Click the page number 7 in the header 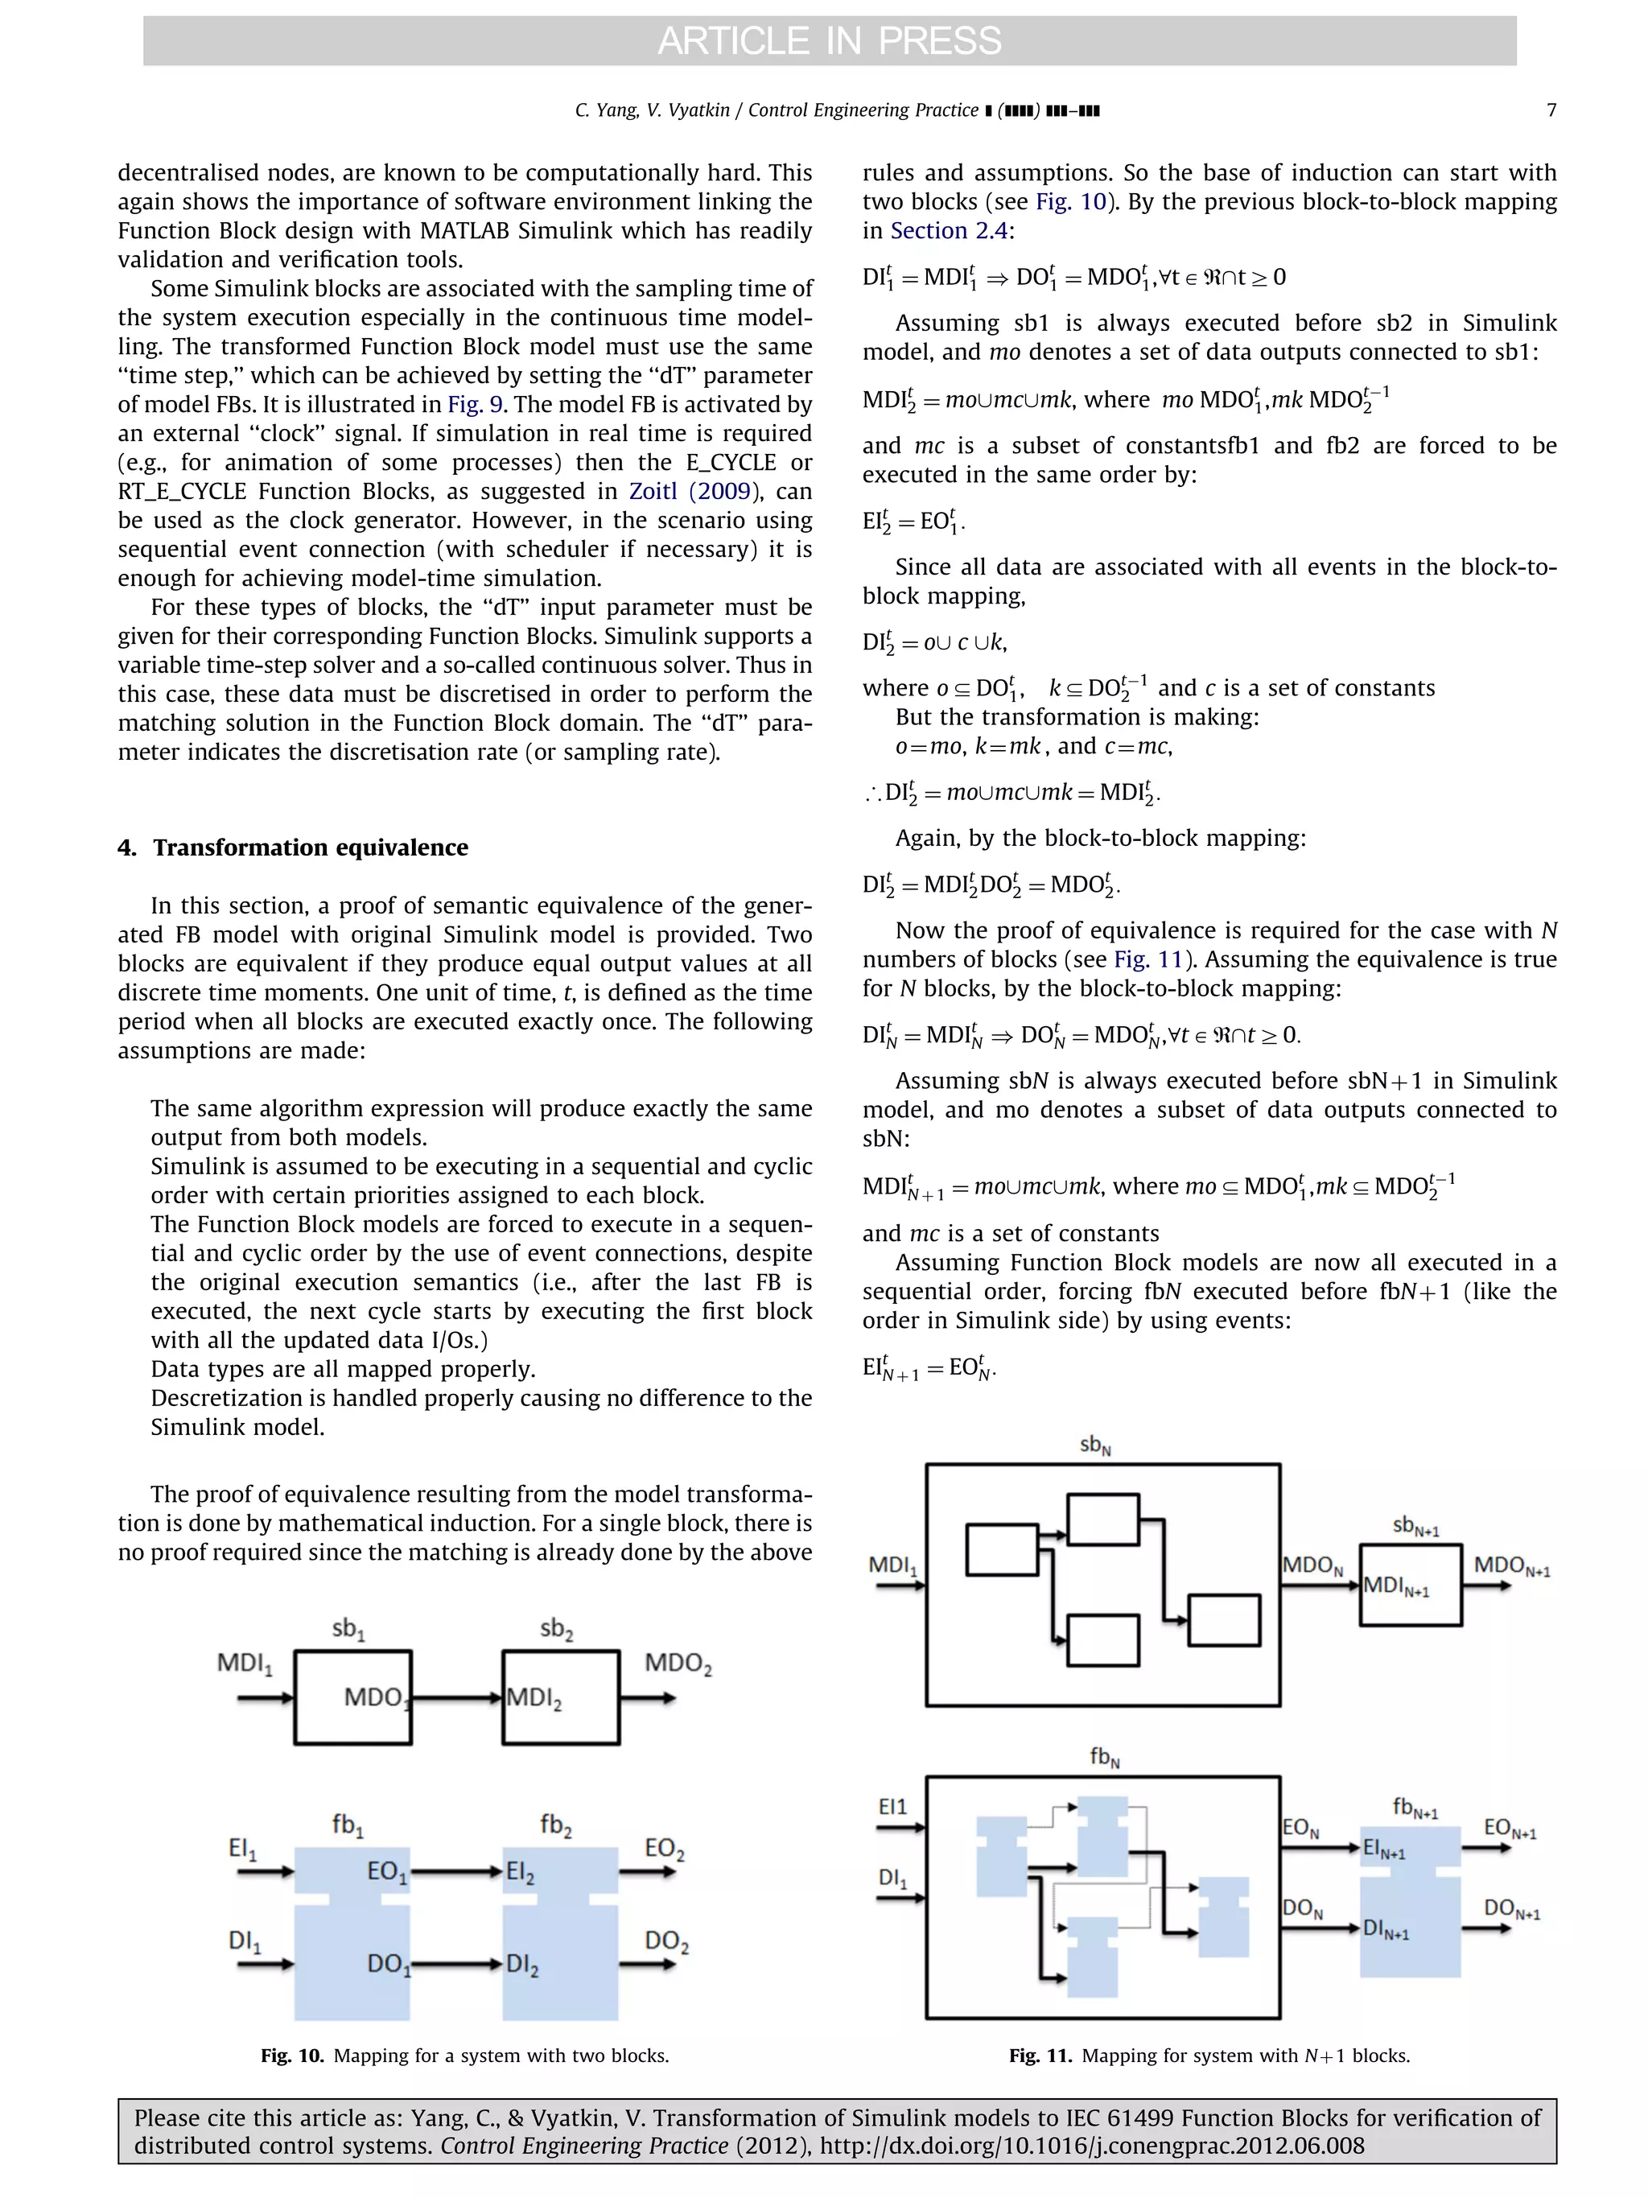(1551, 110)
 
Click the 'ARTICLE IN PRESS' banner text (830, 41)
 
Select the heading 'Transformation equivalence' (310, 847)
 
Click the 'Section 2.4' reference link (949, 230)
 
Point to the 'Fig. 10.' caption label (292, 2056)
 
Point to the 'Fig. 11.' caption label (1040, 2056)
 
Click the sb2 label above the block (556, 1629)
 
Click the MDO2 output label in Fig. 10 (678, 1664)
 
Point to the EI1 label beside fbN (892, 1807)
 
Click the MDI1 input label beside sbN (892, 1565)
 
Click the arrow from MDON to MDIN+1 (1320, 1585)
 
